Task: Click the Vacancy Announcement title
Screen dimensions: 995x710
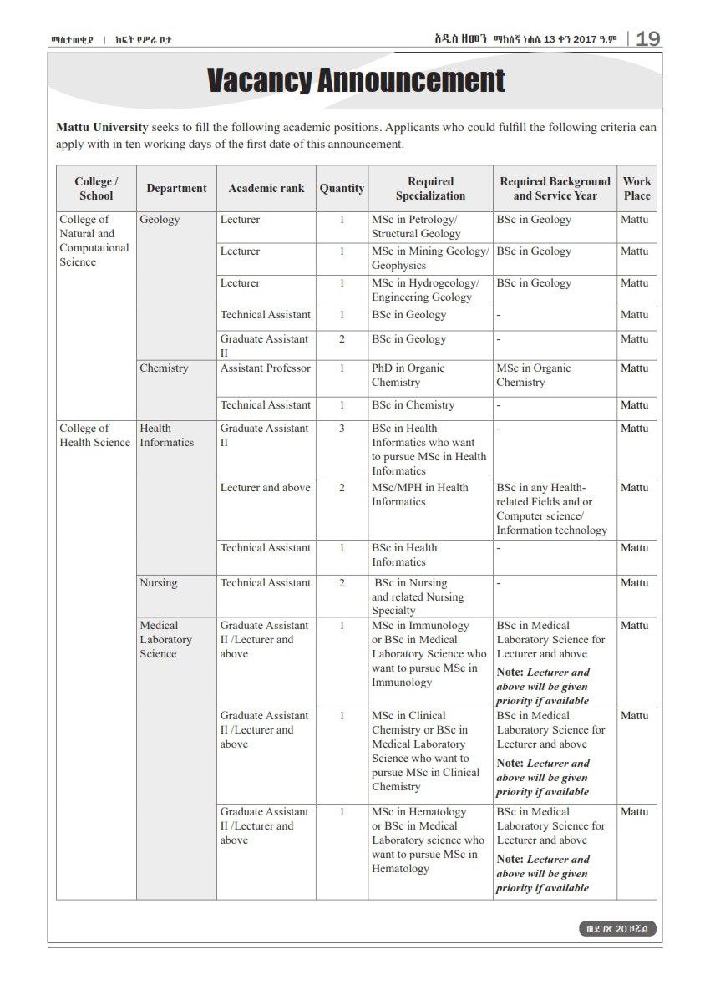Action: [356, 81]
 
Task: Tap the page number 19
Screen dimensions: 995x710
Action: [647, 39]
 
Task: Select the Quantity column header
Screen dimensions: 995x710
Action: [342, 189]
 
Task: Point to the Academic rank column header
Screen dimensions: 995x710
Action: [266, 189]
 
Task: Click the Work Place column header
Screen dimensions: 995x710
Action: [636, 189]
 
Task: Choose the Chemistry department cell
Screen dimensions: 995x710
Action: [164, 368]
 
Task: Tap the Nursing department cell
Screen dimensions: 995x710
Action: [159, 583]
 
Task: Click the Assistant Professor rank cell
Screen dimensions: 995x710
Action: [266, 368]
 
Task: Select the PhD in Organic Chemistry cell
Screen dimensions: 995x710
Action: [408, 375]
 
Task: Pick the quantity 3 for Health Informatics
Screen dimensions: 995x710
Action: [342, 429]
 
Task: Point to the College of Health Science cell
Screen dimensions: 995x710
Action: [94, 435]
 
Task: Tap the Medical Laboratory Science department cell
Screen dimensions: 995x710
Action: [165, 639]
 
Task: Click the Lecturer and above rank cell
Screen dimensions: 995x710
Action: [265, 488]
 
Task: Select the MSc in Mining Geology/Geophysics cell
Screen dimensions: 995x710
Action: [429, 258]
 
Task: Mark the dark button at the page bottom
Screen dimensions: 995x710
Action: [617, 929]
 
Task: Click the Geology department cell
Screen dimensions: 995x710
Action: [160, 220]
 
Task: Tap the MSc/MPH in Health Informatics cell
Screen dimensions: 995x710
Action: [419, 495]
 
